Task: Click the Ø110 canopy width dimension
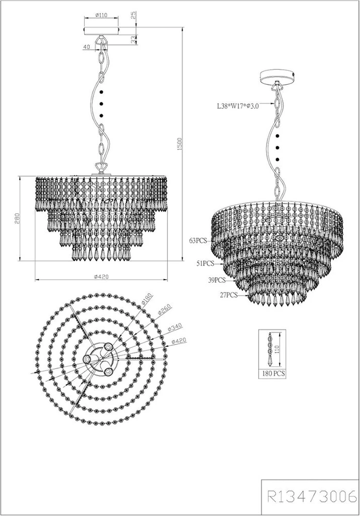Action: (102, 15)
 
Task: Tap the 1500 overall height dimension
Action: (179, 143)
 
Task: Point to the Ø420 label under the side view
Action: (101, 277)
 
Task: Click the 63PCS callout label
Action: (198, 240)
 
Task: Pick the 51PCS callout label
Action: (206, 263)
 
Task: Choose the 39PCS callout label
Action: (217, 280)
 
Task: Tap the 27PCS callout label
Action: (228, 295)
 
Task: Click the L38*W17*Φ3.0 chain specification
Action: (238, 106)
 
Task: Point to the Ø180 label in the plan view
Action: (146, 301)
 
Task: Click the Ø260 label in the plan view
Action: (163, 311)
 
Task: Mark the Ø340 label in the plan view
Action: (174, 327)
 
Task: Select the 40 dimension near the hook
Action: (87, 47)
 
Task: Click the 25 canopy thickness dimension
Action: (133, 15)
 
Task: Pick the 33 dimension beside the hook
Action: (133, 40)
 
